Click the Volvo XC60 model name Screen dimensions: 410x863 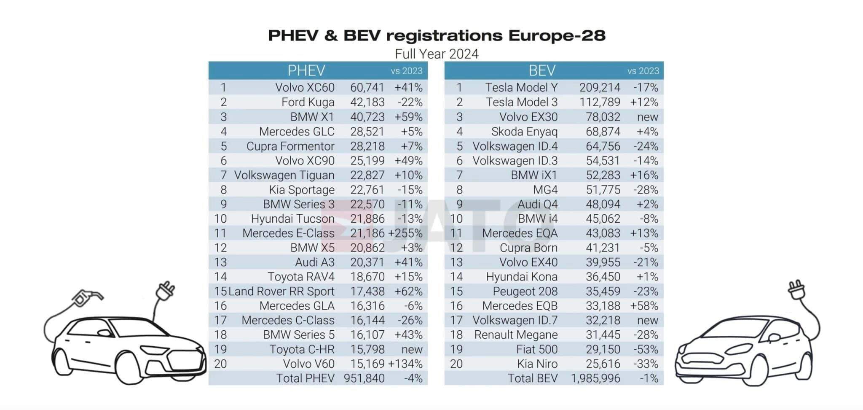coord(305,88)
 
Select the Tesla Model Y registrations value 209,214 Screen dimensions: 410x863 coord(599,88)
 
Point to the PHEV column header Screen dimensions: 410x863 coord(306,70)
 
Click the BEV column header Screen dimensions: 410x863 coord(542,70)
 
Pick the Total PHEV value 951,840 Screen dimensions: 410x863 coord(364,378)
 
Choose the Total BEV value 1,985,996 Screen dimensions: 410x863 coord(595,378)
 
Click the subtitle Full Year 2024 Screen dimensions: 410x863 coord(437,54)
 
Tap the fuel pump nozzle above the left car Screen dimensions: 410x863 coord(86,297)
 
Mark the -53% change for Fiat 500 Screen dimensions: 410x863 coord(646,349)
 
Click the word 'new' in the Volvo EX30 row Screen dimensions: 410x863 coord(647,117)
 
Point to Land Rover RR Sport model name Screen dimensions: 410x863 coord(281,291)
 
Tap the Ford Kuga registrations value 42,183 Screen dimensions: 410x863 coord(367,102)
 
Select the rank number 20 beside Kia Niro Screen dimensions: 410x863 coord(456,364)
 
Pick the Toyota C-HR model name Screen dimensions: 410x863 coord(302,349)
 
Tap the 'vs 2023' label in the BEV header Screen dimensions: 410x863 coord(643,71)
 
